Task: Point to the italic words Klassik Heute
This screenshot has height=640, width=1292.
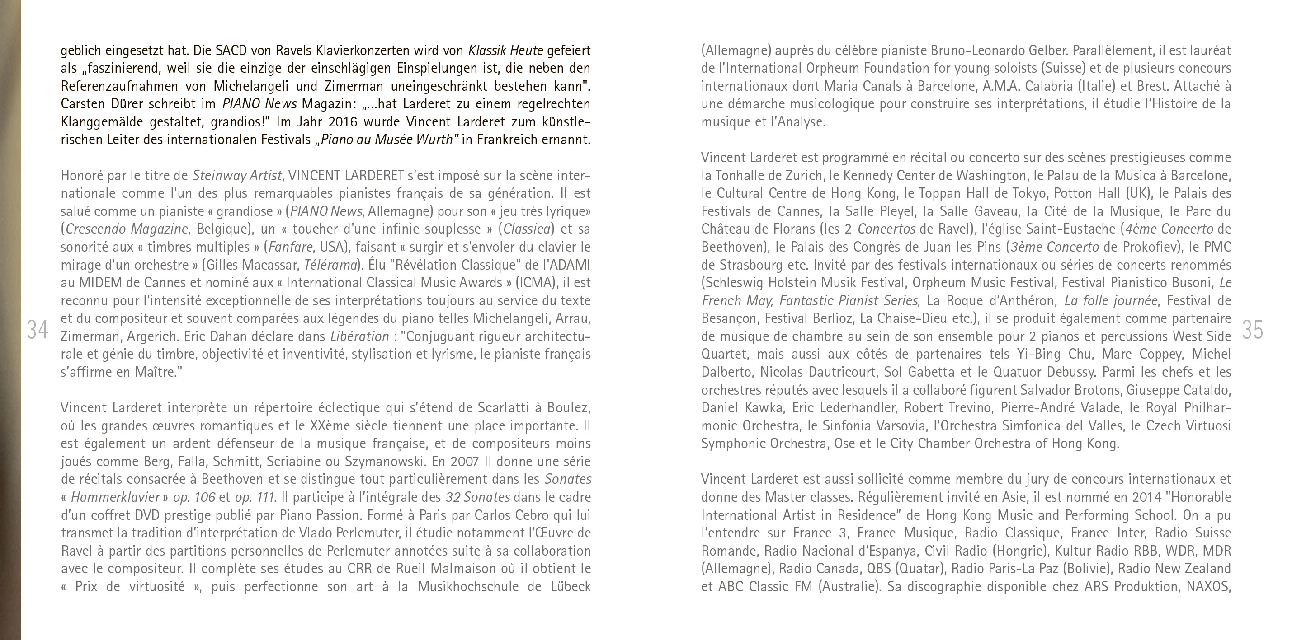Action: click(x=505, y=51)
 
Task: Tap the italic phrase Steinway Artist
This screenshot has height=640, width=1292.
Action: click(x=237, y=176)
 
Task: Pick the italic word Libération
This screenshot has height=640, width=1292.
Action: click(x=359, y=336)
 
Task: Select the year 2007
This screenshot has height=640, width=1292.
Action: click(x=465, y=462)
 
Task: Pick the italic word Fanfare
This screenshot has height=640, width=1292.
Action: click(x=288, y=247)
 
